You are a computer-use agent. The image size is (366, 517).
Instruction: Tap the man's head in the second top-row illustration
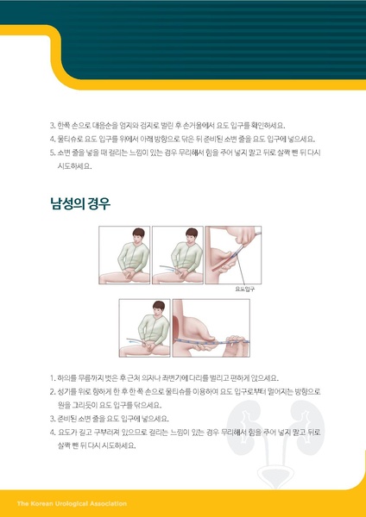point(184,237)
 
